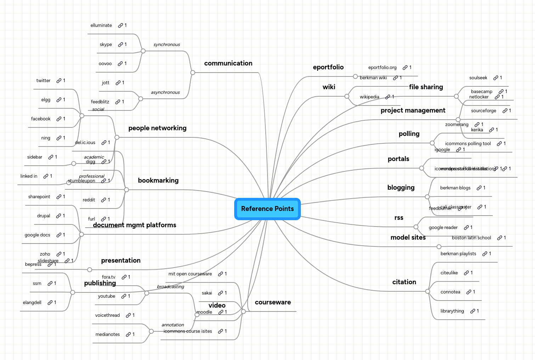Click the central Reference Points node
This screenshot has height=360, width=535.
point(267,209)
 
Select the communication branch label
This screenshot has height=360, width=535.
point(228,63)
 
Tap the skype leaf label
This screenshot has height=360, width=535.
point(106,45)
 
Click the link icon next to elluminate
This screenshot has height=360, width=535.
point(120,25)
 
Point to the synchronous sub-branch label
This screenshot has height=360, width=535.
point(167,45)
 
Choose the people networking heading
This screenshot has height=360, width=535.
point(157,128)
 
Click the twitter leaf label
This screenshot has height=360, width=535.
point(43,81)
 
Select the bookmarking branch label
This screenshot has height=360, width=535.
point(158,181)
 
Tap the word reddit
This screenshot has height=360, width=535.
point(89,200)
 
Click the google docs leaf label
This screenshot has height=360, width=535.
point(37,235)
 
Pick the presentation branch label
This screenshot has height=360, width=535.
point(121,261)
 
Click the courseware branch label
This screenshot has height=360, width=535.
point(273,302)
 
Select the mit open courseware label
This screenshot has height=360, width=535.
point(190,274)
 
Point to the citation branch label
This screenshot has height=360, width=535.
point(404,282)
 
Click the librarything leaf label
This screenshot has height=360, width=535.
point(452,311)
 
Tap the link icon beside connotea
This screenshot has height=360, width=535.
point(469,292)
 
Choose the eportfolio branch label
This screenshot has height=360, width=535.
point(328,67)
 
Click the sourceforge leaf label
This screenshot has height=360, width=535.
point(483,111)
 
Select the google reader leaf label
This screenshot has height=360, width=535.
point(443,228)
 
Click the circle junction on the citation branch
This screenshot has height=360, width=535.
point(428,291)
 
